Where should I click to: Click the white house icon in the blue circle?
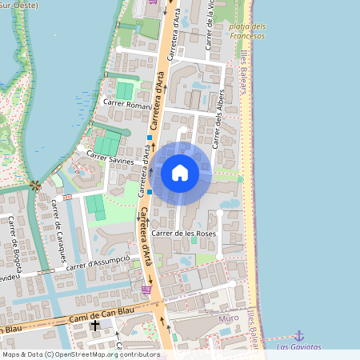180,172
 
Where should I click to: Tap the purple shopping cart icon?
146,290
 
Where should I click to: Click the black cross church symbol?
94,326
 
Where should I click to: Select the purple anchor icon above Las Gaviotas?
299,335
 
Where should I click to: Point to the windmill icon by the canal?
34,186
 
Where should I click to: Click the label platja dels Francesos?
247,30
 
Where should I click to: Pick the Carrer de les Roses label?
184,233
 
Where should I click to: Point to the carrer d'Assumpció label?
98,263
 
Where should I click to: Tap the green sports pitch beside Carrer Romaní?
126,90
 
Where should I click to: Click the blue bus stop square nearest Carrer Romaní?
149,138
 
